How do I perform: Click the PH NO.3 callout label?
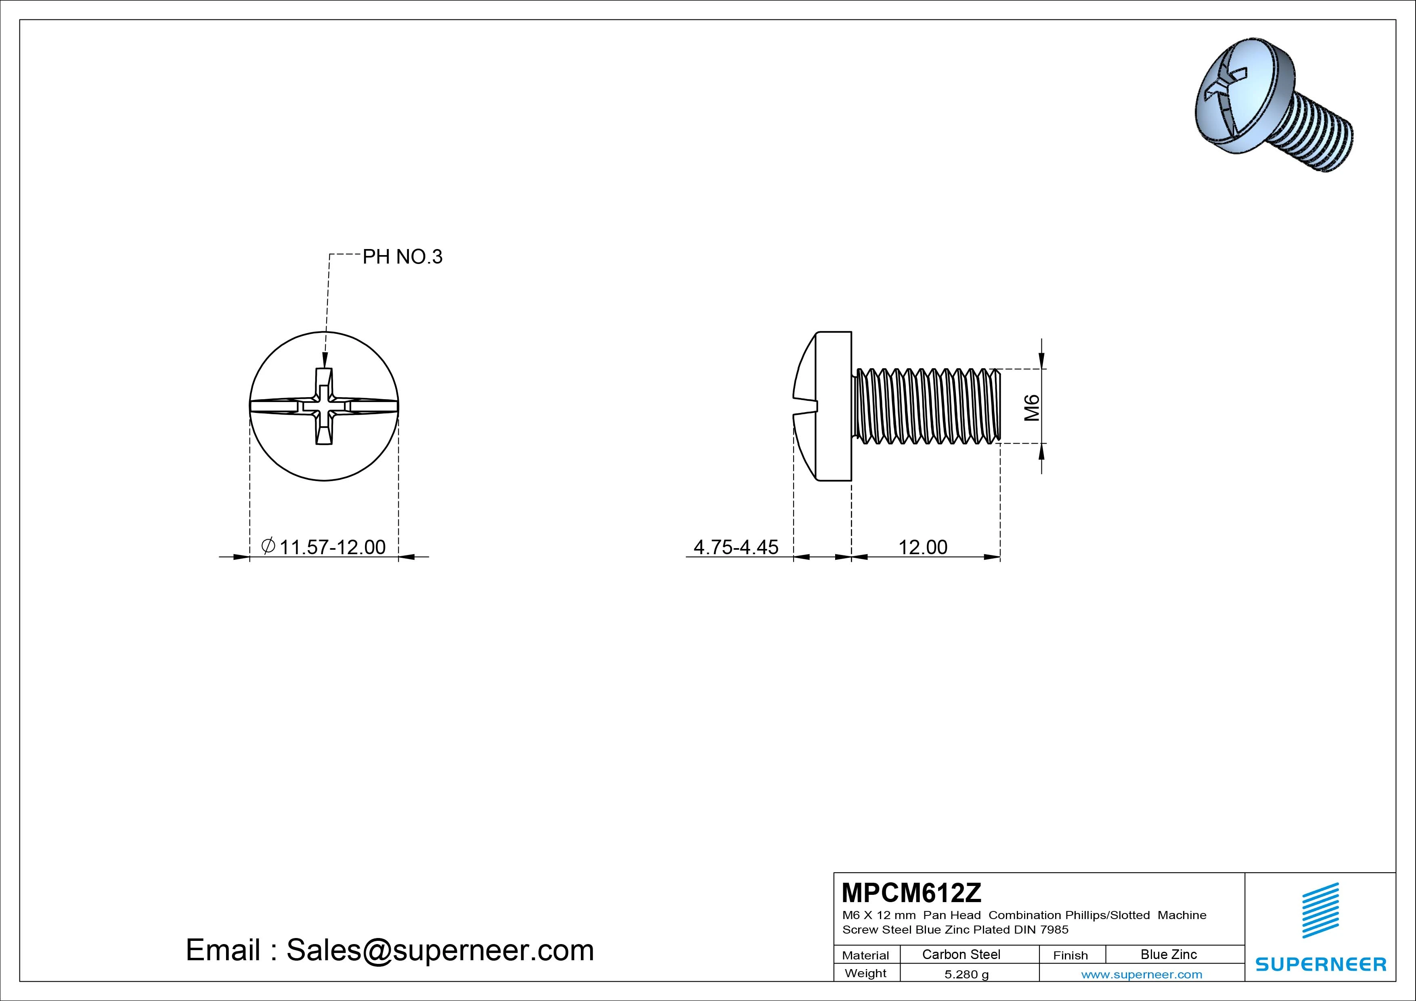[402, 257]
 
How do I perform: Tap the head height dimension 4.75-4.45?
[736, 547]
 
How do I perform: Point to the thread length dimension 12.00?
[923, 547]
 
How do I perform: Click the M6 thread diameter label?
[1032, 408]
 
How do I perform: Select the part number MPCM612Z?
[911, 892]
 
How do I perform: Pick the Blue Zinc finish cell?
[1169, 954]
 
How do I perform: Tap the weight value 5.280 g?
[966, 974]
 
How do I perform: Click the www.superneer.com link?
[1142, 974]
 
